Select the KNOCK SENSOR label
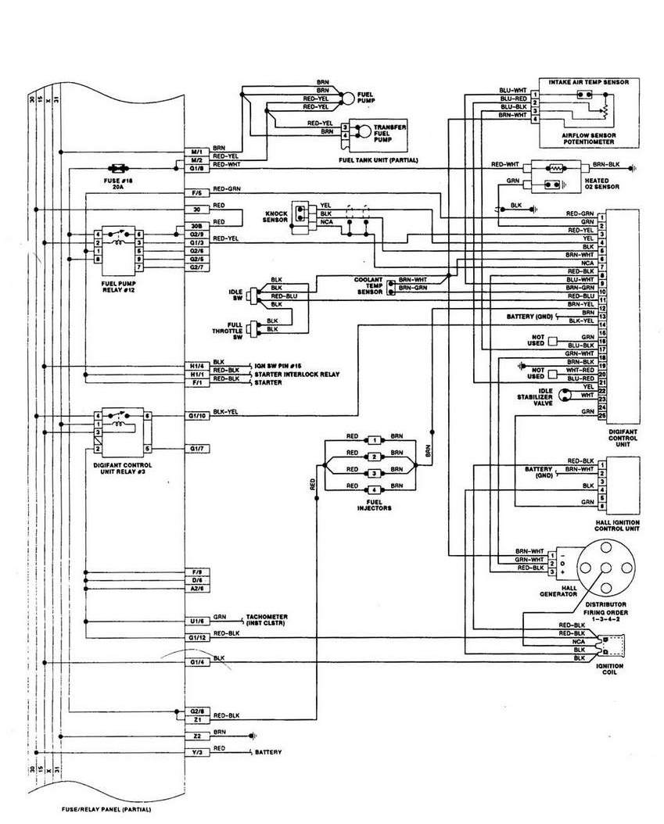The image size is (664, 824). [x=278, y=217]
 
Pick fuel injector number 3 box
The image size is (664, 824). [x=375, y=474]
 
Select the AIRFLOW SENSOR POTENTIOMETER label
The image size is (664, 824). [x=589, y=138]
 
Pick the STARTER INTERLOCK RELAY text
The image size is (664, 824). [x=296, y=375]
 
